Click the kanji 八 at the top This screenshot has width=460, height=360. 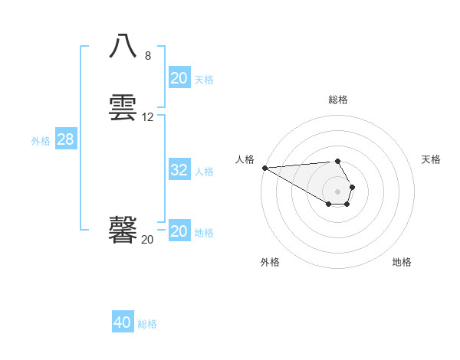(x=123, y=47)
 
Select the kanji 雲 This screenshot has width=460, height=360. (x=123, y=107)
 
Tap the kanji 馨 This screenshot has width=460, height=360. (x=123, y=229)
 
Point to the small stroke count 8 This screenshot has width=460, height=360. (x=148, y=56)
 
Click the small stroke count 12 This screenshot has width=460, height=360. (x=148, y=117)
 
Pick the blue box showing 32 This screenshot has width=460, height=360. (x=179, y=170)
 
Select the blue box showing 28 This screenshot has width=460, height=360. (x=65, y=140)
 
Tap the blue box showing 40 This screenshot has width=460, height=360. (x=123, y=322)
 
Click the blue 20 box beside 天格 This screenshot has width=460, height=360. (x=179, y=78)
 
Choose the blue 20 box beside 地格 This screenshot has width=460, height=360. (x=179, y=231)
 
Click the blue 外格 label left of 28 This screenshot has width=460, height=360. (x=41, y=141)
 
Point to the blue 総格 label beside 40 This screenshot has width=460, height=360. (x=147, y=324)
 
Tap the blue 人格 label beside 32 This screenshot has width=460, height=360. (x=205, y=172)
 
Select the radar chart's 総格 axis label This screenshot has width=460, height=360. (x=338, y=100)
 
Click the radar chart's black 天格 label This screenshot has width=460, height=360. (x=431, y=159)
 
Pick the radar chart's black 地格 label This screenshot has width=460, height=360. (x=402, y=262)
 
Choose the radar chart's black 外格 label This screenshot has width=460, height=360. (x=270, y=262)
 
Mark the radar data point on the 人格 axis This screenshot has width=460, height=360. (x=264, y=168)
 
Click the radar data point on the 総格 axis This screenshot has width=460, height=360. (x=337, y=161)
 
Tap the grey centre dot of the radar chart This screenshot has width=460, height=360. (x=337, y=191)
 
